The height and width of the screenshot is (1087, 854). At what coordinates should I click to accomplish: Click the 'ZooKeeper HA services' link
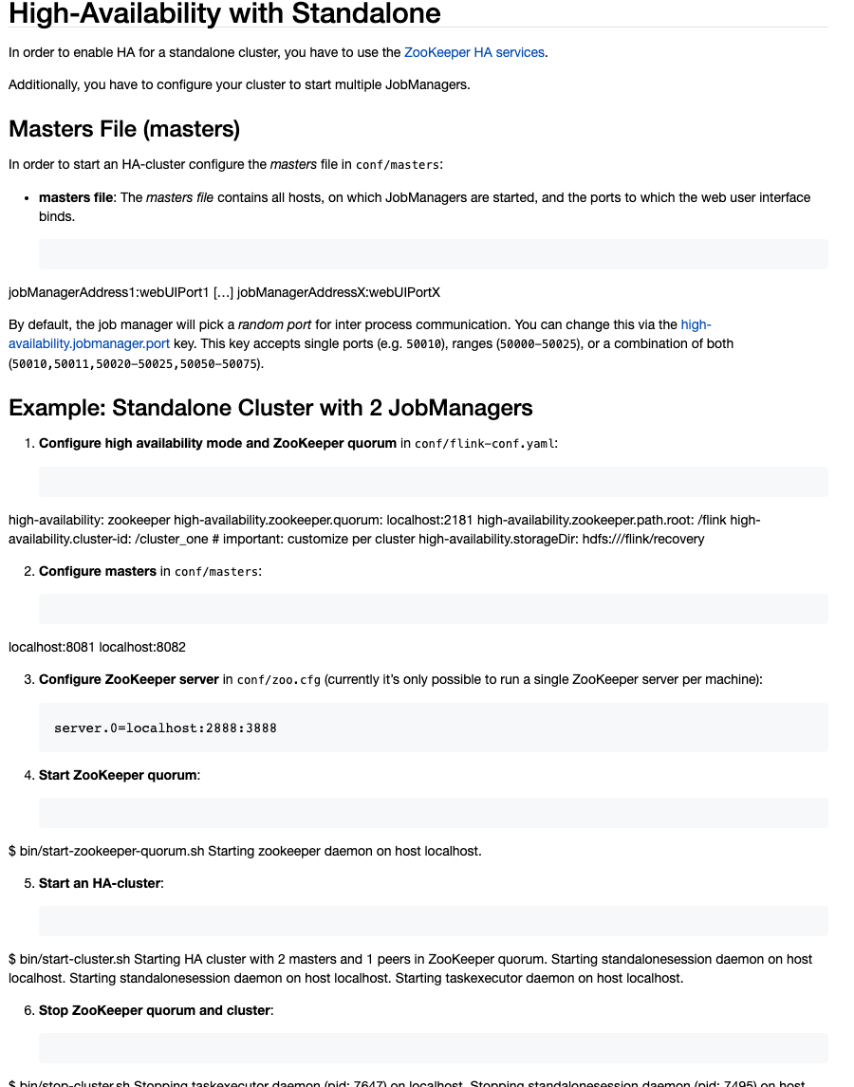pos(474,52)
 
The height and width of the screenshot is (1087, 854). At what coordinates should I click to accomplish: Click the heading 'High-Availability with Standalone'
pos(225,13)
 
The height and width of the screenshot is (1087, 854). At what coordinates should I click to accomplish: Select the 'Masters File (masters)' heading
pos(124,128)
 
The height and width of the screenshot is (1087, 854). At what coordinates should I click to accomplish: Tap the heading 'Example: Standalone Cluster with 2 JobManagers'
pos(270,408)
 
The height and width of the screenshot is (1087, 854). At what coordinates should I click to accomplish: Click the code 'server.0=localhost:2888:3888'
pos(165,728)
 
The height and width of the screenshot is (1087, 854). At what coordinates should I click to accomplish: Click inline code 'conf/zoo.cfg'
pos(278,679)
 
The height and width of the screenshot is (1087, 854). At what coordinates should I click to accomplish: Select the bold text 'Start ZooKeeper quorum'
pos(119,775)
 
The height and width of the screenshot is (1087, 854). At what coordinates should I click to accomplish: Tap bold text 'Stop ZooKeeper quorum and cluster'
pos(155,1010)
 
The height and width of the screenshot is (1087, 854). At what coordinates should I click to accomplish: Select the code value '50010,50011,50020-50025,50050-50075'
pos(134,363)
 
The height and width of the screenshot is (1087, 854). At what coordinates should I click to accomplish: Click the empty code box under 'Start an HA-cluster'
pos(433,921)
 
